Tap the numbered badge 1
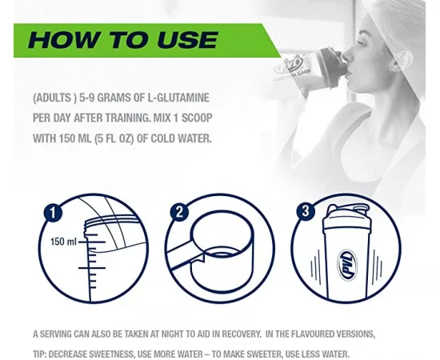click(x=54, y=213)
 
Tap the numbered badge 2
click(x=179, y=212)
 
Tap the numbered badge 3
click(x=305, y=212)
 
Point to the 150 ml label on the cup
click(x=65, y=241)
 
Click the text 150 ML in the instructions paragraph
click(x=83, y=137)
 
